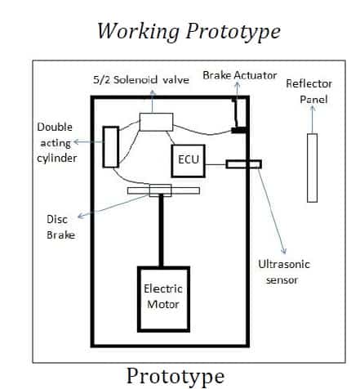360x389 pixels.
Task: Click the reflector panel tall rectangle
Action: coord(312,167)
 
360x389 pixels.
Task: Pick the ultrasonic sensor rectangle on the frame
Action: coord(244,164)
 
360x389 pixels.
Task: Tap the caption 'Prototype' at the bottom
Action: coord(175,375)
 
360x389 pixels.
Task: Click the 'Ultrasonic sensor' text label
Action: coord(283,272)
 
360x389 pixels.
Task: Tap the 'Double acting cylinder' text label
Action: coord(56,142)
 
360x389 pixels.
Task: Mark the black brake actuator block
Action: coord(239,129)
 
